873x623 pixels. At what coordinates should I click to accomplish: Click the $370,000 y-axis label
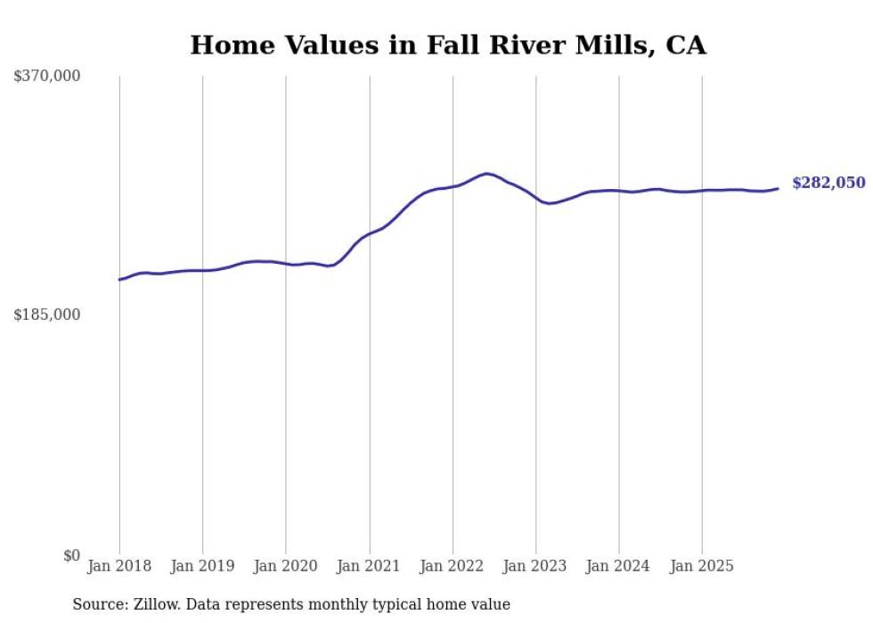[47, 77]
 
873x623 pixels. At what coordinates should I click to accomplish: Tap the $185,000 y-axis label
[47, 316]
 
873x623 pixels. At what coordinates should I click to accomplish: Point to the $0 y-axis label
[71, 555]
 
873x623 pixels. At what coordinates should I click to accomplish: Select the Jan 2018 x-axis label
[119, 566]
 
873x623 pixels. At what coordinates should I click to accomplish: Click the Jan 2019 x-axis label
[202, 566]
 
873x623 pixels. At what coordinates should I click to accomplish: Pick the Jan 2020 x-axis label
[286, 566]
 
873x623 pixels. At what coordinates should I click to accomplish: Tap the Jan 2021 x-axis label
[369, 566]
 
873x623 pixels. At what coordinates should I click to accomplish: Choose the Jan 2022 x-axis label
[453, 566]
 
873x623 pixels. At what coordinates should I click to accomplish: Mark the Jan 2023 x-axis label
[535, 566]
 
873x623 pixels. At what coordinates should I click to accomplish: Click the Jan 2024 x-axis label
[619, 566]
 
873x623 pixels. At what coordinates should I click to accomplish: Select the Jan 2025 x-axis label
[702, 566]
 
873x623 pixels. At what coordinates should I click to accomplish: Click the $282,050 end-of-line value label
[828, 183]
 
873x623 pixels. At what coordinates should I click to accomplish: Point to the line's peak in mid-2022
[486, 174]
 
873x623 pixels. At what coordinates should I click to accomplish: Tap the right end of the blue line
[778, 188]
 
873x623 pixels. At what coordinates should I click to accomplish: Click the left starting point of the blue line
[119, 280]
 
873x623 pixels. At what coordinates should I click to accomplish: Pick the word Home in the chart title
[222, 45]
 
